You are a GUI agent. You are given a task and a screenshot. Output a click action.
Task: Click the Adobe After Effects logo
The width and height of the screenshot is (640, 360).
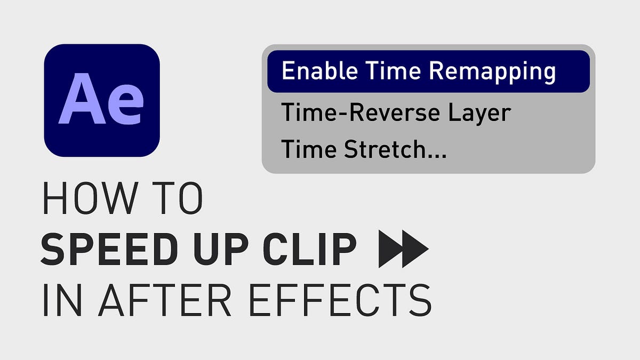(x=102, y=100)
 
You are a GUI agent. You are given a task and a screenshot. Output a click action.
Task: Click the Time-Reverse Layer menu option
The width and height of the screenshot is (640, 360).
(x=396, y=113)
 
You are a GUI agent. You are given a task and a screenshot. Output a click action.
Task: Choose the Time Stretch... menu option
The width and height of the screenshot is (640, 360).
(x=364, y=149)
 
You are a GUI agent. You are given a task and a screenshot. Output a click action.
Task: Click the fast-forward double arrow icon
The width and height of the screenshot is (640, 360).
(x=403, y=249)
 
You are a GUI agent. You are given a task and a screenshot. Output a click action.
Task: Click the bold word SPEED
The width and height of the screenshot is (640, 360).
(x=99, y=249)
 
